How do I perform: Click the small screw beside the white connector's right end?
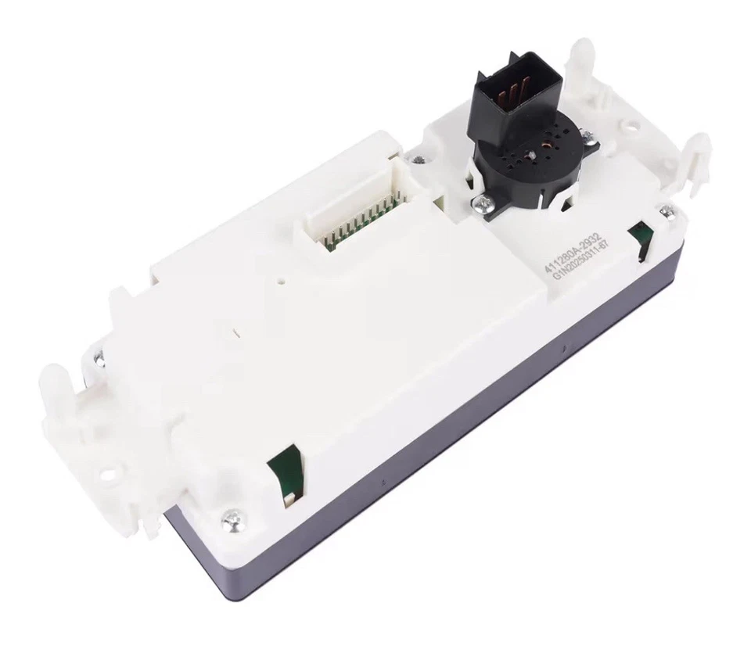[420, 160]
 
